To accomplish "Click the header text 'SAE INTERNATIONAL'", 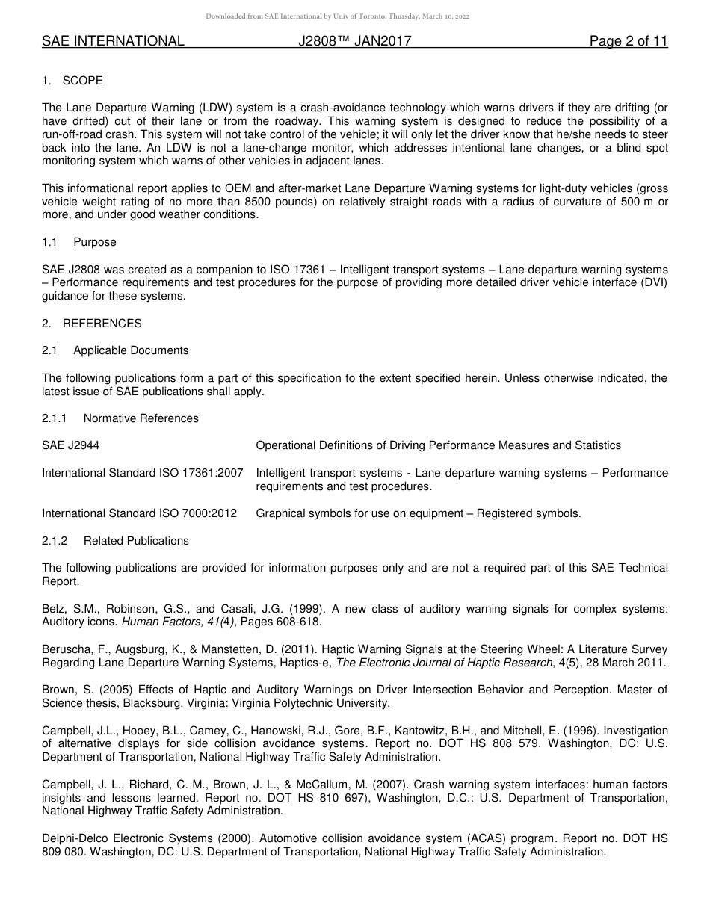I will [x=113, y=41].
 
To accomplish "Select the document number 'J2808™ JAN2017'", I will [x=354, y=41].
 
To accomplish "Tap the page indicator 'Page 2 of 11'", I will [x=628, y=41].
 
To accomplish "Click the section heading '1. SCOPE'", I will [x=72, y=81].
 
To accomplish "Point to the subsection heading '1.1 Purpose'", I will [x=79, y=242].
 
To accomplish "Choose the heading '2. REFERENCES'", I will [x=91, y=324].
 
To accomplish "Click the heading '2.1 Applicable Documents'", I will [x=115, y=350].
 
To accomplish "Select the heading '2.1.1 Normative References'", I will [x=120, y=418].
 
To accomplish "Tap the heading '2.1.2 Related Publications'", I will [x=115, y=541].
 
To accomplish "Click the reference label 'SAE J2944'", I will [x=70, y=445].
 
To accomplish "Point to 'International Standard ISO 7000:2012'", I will [x=139, y=513].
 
